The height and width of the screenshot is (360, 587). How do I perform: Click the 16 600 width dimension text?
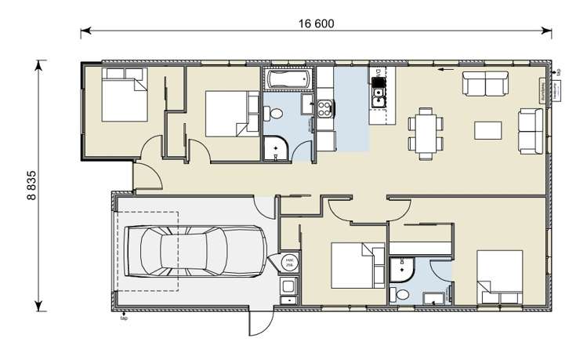(x=316, y=24)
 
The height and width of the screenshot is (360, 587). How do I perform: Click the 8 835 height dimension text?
(x=32, y=186)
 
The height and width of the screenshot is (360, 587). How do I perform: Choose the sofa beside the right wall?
(x=531, y=130)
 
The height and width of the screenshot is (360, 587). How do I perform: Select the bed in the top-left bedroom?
(x=124, y=94)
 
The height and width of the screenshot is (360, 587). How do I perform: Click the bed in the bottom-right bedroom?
(x=500, y=277)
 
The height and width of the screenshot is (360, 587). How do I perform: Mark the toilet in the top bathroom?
(x=274, y=114)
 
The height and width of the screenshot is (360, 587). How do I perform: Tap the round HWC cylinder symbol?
(x=288, y=263)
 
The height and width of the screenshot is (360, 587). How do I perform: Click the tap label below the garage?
(x=123, y=319)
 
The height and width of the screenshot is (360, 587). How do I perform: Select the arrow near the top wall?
(x=447, y=70)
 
